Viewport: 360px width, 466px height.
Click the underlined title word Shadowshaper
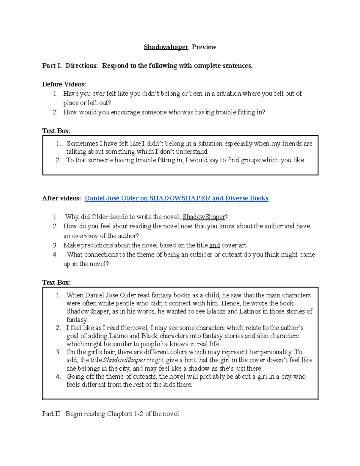pos(166,47)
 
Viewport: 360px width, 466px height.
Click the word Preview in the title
pos(204,47)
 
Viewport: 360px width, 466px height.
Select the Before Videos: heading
pos(64,84)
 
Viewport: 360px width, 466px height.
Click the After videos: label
pos(61,198)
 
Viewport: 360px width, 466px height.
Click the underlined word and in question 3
pos(214,245)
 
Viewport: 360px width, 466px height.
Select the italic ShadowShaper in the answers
pos(124,360)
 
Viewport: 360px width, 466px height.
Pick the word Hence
pos(230,303)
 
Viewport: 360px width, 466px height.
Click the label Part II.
pos(52,414)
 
